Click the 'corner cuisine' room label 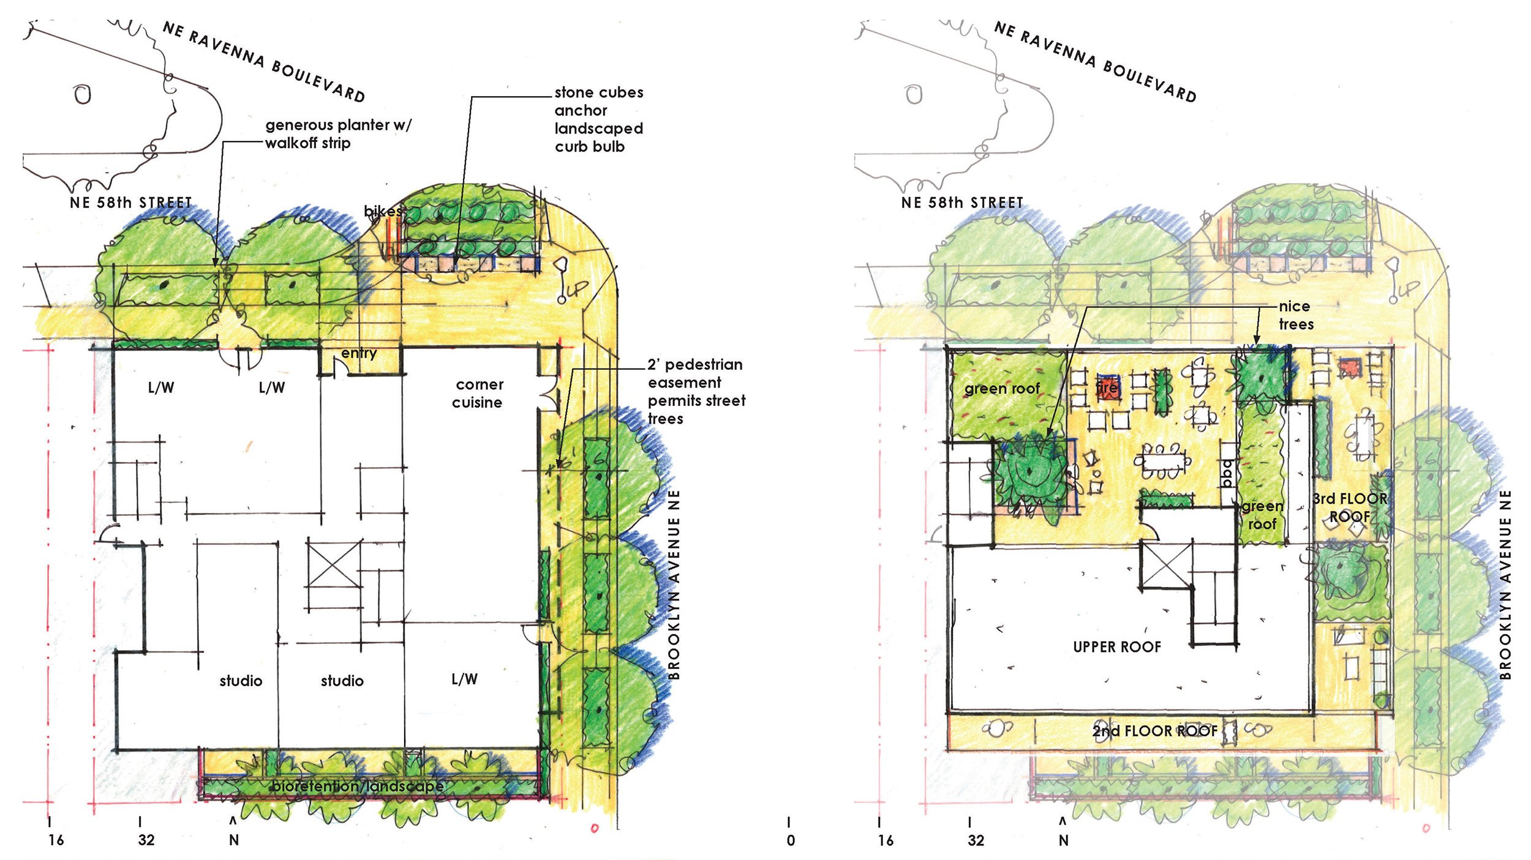[478, 394]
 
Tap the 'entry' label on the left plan [359, 353]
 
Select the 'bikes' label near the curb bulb [383, 211]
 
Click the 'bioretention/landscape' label [358, 786]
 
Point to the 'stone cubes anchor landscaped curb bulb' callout [599, 119]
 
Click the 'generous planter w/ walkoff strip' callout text [338, 134]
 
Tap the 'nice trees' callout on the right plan [1295, 315]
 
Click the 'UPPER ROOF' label [1117, 648]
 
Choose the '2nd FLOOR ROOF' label [1155, 731]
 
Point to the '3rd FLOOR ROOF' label [1350, 508]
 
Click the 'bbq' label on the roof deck [1227, 473]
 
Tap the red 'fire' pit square [1107, 388]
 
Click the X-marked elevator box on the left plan [333, 564]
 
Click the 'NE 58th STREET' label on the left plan [131, 203]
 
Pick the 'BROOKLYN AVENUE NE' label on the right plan [1505, 585]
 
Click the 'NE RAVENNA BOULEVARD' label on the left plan [265, 61]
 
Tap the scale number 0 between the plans [791, 840]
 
